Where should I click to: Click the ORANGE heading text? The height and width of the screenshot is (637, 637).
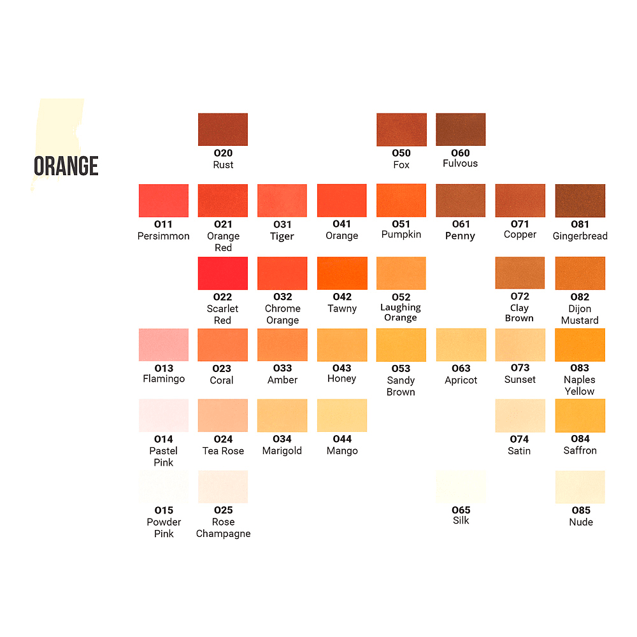pyautogui.click(x=66, y=166)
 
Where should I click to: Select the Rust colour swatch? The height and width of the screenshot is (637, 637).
pyautogui.click(x=223, y=129)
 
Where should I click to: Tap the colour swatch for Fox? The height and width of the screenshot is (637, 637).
pyautogui.click(x=401, y=129)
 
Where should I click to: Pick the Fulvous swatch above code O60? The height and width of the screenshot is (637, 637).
pyautogui.click(x=461, y=129)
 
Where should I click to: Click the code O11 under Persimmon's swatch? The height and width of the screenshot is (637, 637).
pyautogui.click(x=164, y=224)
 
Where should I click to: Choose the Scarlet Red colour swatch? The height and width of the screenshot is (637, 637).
pyautogui.click(x=223, y=273)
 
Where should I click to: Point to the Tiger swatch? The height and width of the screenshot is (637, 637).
pyautogui.click(x=282, y=201)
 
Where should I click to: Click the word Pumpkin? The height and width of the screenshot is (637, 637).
pyautogui.click(x=401, y=235)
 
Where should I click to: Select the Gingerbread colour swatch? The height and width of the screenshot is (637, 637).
pyautogui.click(x=580, y=201)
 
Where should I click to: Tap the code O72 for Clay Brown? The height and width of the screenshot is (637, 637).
pyautogui.click(x=520, y=297)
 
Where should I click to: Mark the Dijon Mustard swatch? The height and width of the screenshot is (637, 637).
pyautogui.click(x=580, y=273)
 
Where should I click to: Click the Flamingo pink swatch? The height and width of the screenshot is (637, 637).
pyautogui.click(x=164, y=345)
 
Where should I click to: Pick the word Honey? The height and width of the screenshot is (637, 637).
pyautogui.click(x=342, y=379)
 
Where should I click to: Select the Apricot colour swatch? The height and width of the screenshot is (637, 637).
pyautogui.click(x=461, y=345)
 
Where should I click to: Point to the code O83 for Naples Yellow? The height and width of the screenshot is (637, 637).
pyautogui.click(x=580, y=368)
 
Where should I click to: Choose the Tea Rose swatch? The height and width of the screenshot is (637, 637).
pyautogui.click(x=223, y=415)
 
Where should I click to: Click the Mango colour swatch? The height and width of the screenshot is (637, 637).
pyautogui.click(x=342, y=415)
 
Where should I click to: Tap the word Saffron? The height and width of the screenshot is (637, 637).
pyautogui.click(x=580, y=450)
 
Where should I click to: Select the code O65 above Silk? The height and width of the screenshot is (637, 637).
pyautogui.click(x=461, y=510)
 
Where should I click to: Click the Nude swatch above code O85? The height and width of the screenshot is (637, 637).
pyautogui.click(x=580, y=487)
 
